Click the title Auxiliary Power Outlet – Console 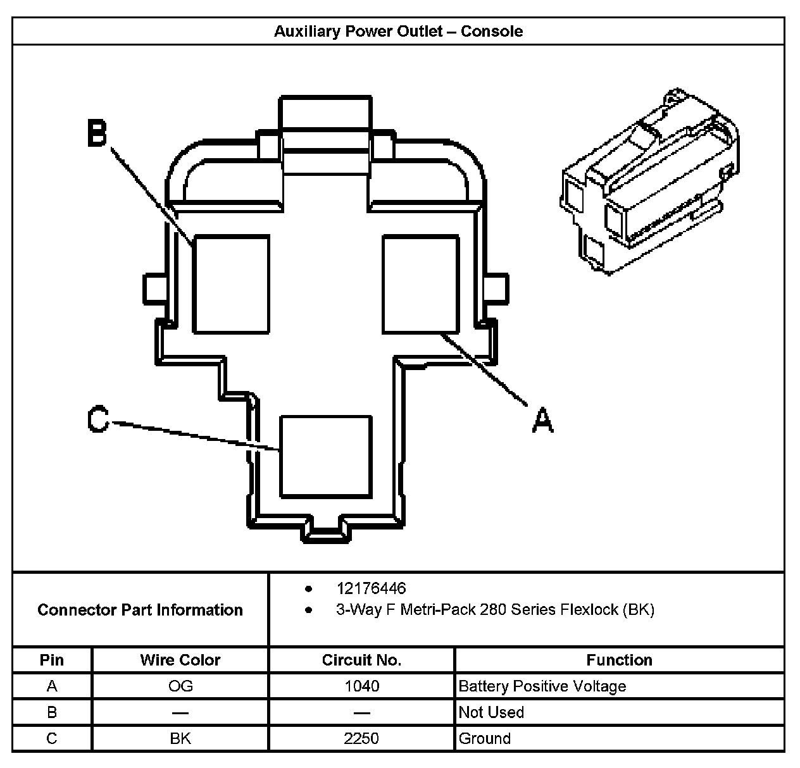[x=398, y=32]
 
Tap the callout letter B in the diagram [x=97, y=133]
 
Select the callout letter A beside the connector [x=542, y=419]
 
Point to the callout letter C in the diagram [x=98, y=419]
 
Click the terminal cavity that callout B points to [x=231, y=284]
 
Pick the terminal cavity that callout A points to [x=420, y=284]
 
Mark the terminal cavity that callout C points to [x=325, y=456]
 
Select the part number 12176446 [x=371, y=589]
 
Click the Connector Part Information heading [x=140, y=610]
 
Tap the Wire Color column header [x=180, y=660]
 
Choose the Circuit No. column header [x=361, y=660]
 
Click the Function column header [x=619, y=660]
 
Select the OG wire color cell [x=180, y=686]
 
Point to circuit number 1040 [x=361, y=686]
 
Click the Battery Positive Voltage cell [x=542, y=686]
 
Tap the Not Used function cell [x=491, y=712]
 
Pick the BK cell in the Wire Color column [x=180, y=738]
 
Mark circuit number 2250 [x=361, y=738]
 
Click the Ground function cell [x=484, y=738]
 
